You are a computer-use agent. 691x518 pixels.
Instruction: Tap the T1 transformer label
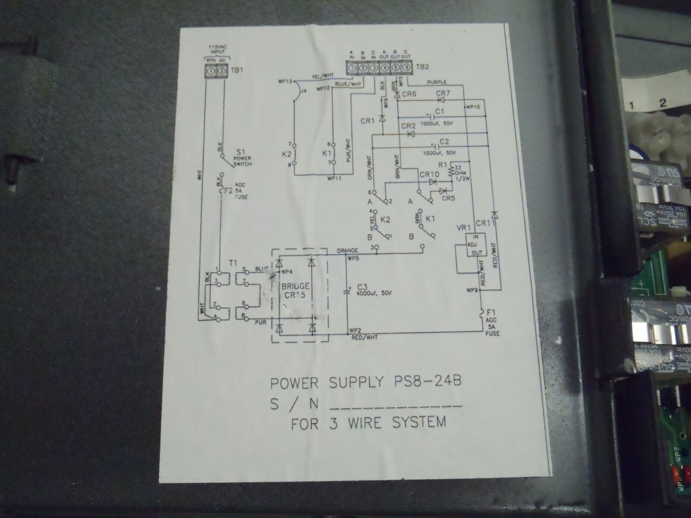tap(232, 262)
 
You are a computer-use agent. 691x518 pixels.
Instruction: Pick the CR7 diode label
tap(442, 94)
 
